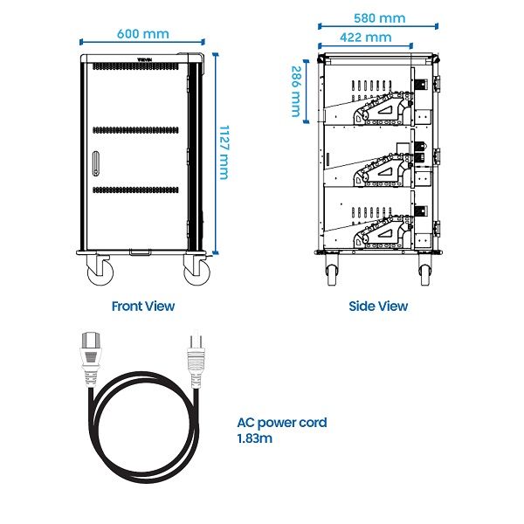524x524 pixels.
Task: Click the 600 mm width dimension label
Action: pos(143,34)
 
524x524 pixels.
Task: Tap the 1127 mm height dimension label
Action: pos(224,152)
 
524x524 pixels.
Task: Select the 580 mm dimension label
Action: pos(380,18)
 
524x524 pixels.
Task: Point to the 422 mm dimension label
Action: pos(366,37)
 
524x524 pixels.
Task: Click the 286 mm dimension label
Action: pos(296,91)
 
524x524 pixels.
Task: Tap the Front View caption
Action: pos(143,307)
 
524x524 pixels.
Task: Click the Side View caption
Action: pos(378,307)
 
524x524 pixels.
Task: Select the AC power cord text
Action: pos(282,423)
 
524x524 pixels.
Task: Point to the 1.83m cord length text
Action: pos(255,438)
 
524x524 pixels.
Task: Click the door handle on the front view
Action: pos(96,163)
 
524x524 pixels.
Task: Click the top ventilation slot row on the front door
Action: pos(135,66)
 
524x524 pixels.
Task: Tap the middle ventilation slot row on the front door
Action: pos(135,130)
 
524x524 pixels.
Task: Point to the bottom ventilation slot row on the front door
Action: pos(135,190)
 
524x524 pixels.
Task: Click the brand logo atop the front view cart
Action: pos(145,59)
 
